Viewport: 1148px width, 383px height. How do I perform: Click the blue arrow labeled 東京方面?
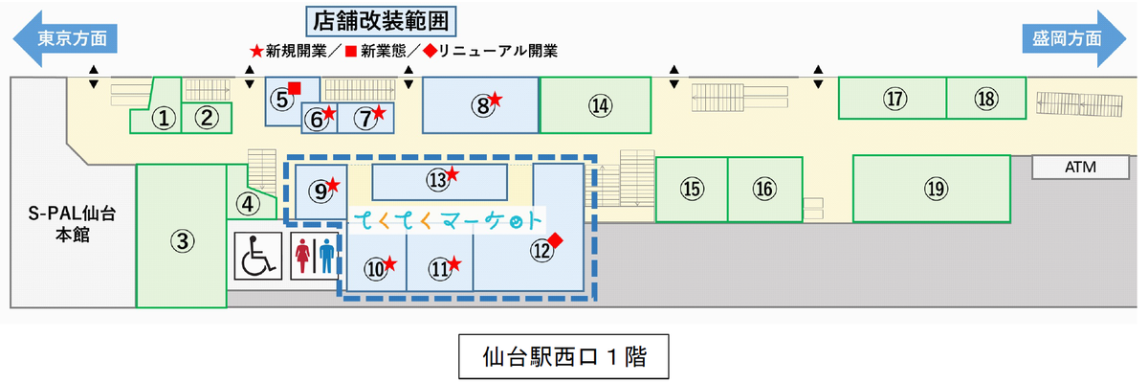click(65, 38)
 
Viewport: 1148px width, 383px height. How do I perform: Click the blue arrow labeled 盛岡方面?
click(1073, 38)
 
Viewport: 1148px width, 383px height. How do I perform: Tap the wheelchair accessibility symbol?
click(257, 256)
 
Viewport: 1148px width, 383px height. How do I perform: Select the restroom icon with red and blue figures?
click(314, 256)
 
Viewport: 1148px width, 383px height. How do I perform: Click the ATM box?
click(1080, 168)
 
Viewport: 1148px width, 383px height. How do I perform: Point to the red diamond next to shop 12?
click(555, 240)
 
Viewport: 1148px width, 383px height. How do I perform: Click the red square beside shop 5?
click(295, 88)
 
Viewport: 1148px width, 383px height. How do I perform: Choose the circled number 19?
click(936, 189)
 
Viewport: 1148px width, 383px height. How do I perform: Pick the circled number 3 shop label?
click(183, 241)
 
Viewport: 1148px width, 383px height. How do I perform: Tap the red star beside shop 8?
click(496, 99)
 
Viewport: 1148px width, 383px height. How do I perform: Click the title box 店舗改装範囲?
click(381, 21)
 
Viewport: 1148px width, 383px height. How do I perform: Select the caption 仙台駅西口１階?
click(563, 357)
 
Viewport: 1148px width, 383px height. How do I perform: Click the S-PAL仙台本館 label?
click(73, 224)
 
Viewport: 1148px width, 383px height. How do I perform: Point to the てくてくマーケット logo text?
click(448, 220)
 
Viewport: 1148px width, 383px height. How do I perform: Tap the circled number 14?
click(600, 105)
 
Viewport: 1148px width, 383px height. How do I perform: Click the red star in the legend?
click(256, 51)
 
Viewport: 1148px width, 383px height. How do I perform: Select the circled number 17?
click(894, 99)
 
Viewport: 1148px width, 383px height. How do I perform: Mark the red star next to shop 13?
click(452, 174)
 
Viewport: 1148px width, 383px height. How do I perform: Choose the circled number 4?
click(248, 204)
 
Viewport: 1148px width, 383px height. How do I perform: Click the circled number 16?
click(764, 189)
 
